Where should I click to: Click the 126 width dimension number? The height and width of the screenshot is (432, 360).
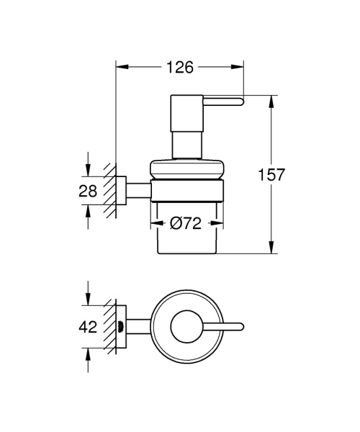(179, 68)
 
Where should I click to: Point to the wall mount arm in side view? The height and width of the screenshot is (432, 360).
(137, 192)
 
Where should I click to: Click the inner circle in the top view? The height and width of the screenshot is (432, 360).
(184, 325)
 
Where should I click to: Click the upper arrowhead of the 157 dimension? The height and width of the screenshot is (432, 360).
(271, 101)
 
